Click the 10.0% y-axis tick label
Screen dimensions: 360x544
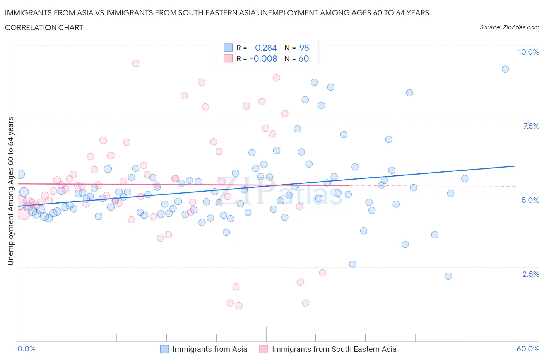point(528,52)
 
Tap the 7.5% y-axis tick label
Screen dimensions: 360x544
point(530,126)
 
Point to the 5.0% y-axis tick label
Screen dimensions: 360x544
point(530,200)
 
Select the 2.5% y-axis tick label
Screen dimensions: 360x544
point(530,274)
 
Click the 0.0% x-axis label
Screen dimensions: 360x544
point(27,349)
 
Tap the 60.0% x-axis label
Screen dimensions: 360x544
point(528,349)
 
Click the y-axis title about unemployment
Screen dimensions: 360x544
point(10,191)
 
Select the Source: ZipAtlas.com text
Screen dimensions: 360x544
point(509,27)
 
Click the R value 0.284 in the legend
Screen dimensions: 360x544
point(266,48)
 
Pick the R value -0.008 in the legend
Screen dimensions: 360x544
point(263,58)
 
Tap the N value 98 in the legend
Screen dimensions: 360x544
point(304,48)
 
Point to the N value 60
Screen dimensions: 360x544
point(304,58)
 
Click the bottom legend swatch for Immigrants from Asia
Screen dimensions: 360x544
point(164,349)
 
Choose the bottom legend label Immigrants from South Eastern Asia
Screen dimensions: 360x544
point(334,349)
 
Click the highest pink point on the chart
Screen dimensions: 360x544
point(135,63)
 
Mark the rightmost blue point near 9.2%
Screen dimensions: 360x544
point(505,69)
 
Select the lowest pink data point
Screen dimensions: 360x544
point(239,306)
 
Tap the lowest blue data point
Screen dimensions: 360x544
point(448,276)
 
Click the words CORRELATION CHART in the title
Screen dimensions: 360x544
point(44,27)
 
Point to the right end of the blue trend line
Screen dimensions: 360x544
point(515,166)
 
